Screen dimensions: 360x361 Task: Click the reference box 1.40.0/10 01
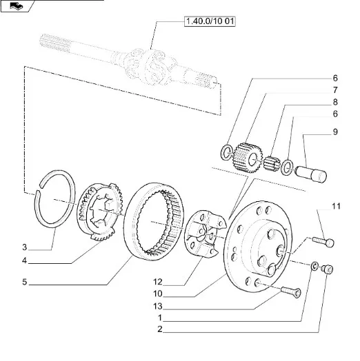click(x=210, y=21)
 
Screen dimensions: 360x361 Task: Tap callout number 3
click(x=25, y=247)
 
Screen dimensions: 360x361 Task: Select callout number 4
click(x=24, y=261)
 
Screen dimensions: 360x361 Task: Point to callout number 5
click(x=25, y=282)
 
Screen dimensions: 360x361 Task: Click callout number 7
click(x=335, y=90)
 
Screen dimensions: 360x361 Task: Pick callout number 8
click(x=335, y=102)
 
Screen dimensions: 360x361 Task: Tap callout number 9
click(x=335, y=132)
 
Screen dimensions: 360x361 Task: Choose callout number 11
click(x=337, y=206)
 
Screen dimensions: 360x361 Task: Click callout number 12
click(x=158, y=282)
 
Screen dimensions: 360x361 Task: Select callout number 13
click(x=158, y=307)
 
